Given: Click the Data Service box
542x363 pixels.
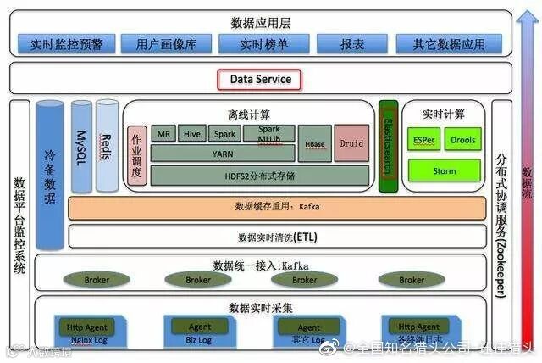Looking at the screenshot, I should click(x=261, y=80).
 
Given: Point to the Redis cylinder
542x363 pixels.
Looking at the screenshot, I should click(x=107, y=144).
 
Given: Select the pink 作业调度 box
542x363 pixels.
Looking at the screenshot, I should click(x=136, y=155).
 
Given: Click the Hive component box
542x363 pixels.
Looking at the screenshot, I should click(x=192, y=134).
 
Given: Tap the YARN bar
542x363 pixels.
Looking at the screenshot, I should click(x=224, y=154).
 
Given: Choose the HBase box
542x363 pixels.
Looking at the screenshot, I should click(x=313, y=144).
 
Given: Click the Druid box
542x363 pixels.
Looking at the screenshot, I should click(x=351, y=143).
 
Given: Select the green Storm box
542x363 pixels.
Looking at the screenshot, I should click(x=444, y=170).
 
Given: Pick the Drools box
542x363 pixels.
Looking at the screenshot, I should click(x=462, y=139).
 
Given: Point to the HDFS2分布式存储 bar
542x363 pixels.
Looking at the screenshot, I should click(x=259, y=175).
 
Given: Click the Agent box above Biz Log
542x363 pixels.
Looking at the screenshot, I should click(x=200, y=327).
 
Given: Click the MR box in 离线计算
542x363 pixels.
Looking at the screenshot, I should click(x=163, y=134).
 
